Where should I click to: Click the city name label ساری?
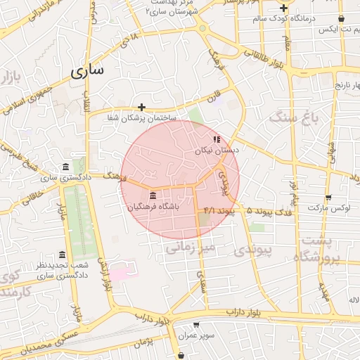(x=87, y=71)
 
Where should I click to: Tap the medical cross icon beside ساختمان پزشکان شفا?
(x=142, y=108)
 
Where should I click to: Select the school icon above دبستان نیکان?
(x=217, y=139)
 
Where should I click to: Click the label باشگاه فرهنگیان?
(x=153, y=207)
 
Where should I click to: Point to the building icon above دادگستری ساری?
(x=65, y=167)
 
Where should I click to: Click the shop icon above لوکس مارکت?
(x=328, y=198)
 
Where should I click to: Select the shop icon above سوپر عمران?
(x=195, y=325)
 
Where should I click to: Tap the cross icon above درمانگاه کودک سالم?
(x=283, y=8)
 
